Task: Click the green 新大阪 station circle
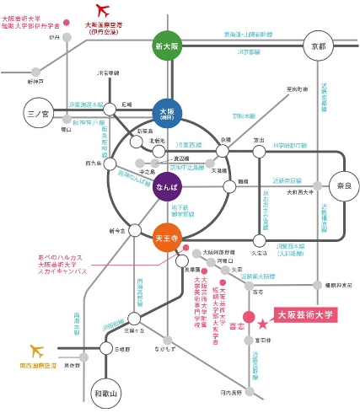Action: point(167,46)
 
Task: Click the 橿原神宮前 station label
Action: point(337,287)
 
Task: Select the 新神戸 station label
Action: point(35,82)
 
